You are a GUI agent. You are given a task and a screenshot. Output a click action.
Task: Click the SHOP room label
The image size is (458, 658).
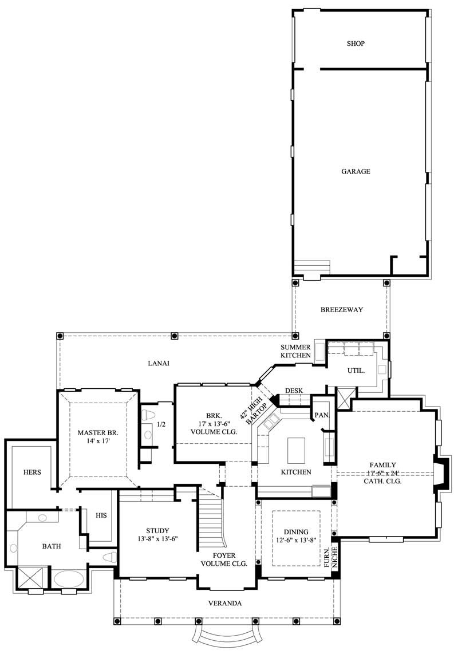coord(356,44)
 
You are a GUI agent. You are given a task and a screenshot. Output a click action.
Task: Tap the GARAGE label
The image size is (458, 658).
coord(356,171)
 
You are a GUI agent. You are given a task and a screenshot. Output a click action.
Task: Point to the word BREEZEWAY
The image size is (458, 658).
coord(341,310)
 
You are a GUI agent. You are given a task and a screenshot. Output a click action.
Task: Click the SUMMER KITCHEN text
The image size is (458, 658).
coord(295,352)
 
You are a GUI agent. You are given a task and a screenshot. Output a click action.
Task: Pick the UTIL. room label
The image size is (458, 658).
coord(356,371)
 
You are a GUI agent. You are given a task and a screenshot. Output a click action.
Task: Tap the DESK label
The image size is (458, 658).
coord(293,391)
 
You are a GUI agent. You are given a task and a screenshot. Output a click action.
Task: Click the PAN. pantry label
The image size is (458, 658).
coord(321,414)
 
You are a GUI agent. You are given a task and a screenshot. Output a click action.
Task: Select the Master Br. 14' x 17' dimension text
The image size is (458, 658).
coord(98,442)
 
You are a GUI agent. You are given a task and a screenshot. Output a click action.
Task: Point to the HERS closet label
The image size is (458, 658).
coord(31,472)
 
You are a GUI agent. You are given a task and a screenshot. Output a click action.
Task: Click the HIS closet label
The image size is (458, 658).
coord(101,515)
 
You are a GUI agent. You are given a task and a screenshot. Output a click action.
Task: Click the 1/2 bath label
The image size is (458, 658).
coord(161,424)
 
